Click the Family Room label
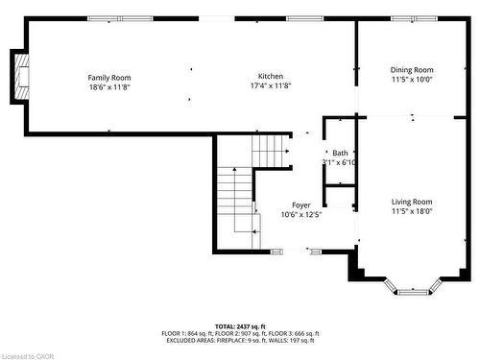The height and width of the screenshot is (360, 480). coord(109,78)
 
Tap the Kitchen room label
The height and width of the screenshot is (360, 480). coord(271,78)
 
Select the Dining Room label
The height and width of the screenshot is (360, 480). coord(412,69)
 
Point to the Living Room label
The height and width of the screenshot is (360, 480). coord(412,202)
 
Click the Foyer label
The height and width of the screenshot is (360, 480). coord(301,205)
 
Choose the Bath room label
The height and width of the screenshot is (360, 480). coord(340,154)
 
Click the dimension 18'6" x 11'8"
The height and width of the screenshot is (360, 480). coord(109,86)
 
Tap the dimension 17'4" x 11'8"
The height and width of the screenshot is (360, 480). coord(271,86)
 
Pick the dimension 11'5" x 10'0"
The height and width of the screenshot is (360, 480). coord(412,79)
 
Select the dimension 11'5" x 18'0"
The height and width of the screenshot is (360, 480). coord(412,211)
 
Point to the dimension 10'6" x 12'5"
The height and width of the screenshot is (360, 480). coord(301,215)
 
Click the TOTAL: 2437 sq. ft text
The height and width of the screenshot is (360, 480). coord(240,327)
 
